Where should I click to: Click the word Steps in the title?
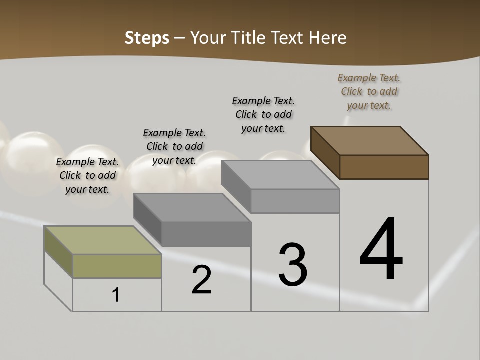[146, 38]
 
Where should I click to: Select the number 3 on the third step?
[293, 265]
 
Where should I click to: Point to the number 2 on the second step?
[201, 280]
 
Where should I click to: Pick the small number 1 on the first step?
[116, 295]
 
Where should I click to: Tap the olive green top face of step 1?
[102, 240]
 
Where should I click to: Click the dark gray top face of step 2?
[192, 207]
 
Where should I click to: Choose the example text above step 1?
[87, 175]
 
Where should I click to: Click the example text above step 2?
[174, 146]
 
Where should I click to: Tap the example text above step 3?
[263, 114]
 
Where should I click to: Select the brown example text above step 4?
[369, 91]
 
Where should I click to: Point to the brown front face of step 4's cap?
[384, 167]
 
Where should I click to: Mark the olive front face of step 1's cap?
[117, 266]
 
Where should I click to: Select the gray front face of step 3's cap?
[295, 201]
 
